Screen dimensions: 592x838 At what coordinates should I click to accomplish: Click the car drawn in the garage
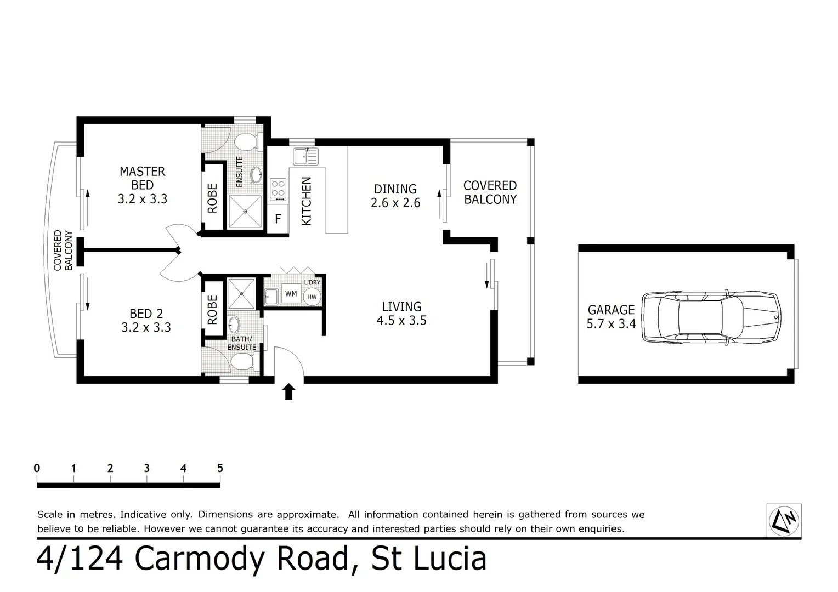click(x=711, y=317)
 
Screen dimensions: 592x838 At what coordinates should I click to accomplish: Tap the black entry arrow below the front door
click(x=288, y=391)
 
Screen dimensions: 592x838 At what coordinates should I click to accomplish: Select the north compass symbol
click(x=784, y=520)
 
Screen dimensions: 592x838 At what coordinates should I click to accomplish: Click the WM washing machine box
click(x=291, y=294)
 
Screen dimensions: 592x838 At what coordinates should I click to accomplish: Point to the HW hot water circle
click(x=312, y=297)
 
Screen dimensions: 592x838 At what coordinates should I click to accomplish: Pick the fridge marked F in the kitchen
click(x=278, y=219)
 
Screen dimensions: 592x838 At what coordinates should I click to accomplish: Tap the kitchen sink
click(x=305, y=156)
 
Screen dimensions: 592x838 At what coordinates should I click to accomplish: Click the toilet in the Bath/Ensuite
click(x=242, y=362)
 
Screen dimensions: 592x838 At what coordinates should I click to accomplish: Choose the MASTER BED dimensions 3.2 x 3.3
click(x=143, y=199)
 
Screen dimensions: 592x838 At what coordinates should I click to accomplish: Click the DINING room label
click(x=395, y=189)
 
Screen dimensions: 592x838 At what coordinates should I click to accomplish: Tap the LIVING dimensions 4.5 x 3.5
click(x=401, y=321)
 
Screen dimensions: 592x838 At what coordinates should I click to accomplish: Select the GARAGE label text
click(x=611, y=310)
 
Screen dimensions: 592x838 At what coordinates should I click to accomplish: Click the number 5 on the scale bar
click(x=220, y=468)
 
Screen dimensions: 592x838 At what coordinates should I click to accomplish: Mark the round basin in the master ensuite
click(x=256, y=175)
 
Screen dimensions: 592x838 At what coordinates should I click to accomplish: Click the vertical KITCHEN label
click(x=307, y=201)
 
